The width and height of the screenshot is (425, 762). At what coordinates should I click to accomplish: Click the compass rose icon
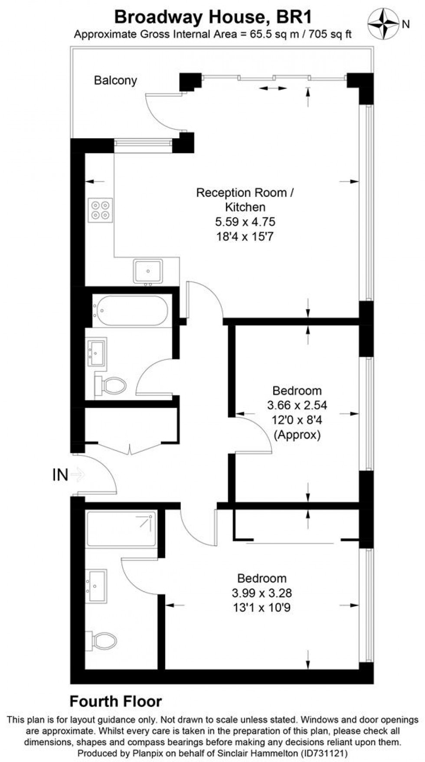[x=384, y=23]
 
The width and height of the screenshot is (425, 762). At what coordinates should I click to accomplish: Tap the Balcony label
[x=115, y=80]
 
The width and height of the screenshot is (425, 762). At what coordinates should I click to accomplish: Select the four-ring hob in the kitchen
[x=100, y=210]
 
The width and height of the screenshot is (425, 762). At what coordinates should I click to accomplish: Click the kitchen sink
[x=148, y=271]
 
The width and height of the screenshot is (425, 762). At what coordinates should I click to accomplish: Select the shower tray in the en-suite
[x=121, y=529]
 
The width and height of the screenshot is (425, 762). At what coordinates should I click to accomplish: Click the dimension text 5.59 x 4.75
[x=245, y=222]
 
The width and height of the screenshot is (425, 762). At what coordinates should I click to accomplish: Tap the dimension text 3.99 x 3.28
[x=262, y=593]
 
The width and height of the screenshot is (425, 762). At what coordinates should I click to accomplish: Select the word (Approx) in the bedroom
[x=297, y=435]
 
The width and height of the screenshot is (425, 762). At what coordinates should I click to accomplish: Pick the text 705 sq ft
[x=330, y=35]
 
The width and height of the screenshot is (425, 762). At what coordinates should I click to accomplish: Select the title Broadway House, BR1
[x=212, y=17]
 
